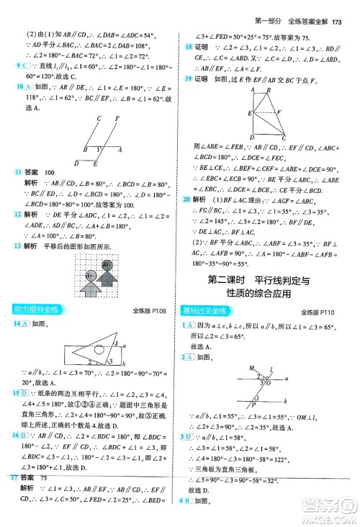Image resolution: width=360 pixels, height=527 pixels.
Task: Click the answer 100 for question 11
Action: (49, 173)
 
